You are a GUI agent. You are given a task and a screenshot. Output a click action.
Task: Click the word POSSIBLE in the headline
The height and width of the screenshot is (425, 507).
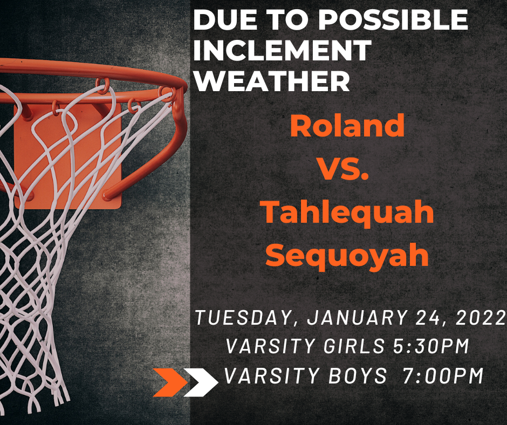coord(394,19)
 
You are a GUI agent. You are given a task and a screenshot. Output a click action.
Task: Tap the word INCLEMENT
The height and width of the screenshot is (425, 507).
coord(282,50)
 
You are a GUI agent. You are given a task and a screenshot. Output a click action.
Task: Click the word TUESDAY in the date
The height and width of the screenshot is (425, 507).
coord(243,318)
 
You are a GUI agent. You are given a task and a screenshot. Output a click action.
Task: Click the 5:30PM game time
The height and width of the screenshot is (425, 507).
coord(431,346)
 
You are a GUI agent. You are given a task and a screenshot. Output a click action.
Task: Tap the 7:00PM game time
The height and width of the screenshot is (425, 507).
coord(443,376)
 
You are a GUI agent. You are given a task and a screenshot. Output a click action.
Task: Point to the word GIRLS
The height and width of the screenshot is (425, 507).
coord(354,346)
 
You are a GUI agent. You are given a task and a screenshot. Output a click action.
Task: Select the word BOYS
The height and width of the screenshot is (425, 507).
coord(358,376)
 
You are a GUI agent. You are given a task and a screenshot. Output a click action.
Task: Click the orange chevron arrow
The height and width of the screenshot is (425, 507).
coord(170,382)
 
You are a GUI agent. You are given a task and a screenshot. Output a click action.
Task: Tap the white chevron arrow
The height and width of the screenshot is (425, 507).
coord(201,382)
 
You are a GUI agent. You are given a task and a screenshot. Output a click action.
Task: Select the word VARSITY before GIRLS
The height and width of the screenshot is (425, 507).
coord(270,346)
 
